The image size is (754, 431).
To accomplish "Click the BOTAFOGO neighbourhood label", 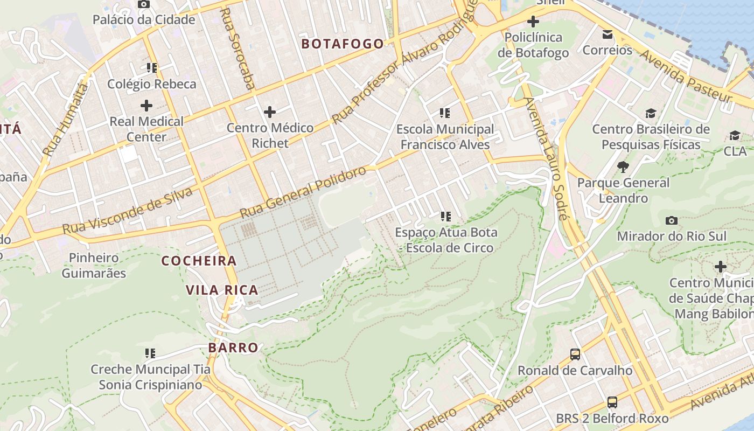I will (x=343, y=44).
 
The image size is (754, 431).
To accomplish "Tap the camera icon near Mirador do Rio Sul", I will (x=672, y=220).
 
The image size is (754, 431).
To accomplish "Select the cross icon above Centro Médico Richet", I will (x=270, y=112).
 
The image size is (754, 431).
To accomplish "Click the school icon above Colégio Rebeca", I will (x=151, y=68).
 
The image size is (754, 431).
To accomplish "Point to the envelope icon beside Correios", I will (x=608, y=34).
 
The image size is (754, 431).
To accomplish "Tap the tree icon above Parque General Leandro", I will (x=623, y=167).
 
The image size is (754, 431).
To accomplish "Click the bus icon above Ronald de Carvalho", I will (x=575, y=354).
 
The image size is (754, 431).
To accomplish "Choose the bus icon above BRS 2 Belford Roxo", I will (x=612, y=402).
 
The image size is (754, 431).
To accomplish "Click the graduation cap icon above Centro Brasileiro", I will (x=651, y=114).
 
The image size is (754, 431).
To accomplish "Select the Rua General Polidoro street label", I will (x=304, y=192).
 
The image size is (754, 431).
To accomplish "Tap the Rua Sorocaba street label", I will (x=238, y=48).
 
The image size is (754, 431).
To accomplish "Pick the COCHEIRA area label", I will (x=199, y=261).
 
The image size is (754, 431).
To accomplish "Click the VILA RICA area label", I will (x=222, y=290).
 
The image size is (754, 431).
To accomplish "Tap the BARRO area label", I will (x=233, y=347).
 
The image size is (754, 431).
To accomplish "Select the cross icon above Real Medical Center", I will (x=146, y=106).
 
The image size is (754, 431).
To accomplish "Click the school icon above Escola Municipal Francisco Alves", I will (x=445, y=113).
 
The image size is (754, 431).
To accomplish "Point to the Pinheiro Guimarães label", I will (x=94, y=266).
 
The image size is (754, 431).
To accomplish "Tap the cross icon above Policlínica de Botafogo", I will (x=533, y=22).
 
